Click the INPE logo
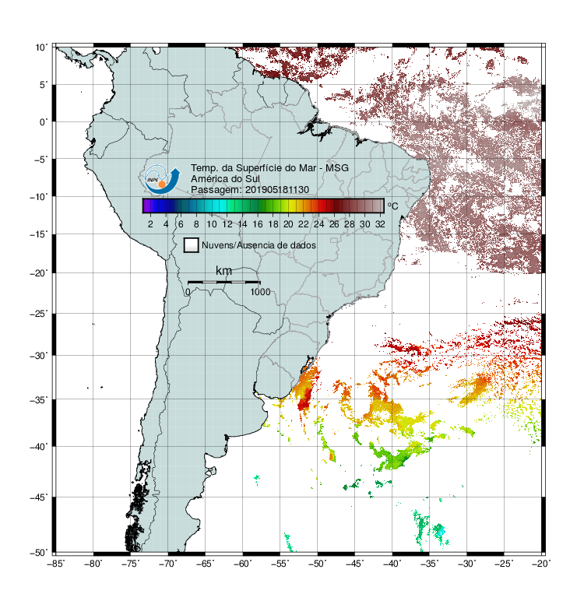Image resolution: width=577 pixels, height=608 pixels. click(x=162, y=180)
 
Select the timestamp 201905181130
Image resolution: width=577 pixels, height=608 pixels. click(x=277, y=190)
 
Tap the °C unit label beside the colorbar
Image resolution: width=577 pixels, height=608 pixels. click(x=392, y=206)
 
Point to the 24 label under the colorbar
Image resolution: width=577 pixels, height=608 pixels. click(x=318, y=224)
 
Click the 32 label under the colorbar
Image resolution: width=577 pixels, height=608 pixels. click(x=380, y=224)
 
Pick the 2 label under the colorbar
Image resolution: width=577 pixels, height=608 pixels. click(x=150, y=224)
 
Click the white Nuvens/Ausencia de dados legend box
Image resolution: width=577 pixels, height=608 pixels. click(x=192, y=245)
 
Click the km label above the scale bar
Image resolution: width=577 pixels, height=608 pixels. click(x=223, y=271)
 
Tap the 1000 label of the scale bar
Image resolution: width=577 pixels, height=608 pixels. click(x=260, y=292)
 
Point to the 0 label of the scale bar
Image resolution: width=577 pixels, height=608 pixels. click(x=188, y=292)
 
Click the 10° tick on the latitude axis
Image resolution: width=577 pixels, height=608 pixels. click(x=41, y=47)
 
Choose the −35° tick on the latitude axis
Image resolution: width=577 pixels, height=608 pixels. click(x=39, y=399)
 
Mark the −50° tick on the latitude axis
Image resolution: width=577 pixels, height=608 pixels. click(x=39, y=553)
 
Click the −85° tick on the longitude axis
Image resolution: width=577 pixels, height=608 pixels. click(x=56, y=564)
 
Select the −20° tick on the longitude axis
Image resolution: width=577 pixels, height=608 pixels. click(x=541, y=564)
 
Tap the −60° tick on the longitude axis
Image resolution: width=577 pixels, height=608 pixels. click(x=243, y=564)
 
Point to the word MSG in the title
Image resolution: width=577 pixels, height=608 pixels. click(x=337, y=168)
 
